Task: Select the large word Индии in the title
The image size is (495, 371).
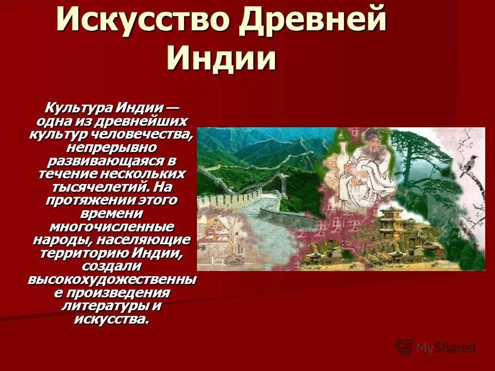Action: click(x=221, y=58)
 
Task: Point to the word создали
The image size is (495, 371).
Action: click(x=111, y=266)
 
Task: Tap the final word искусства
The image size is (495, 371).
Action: click(x=111, y=319)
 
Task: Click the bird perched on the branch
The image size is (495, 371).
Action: click(x=469, y=165)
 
